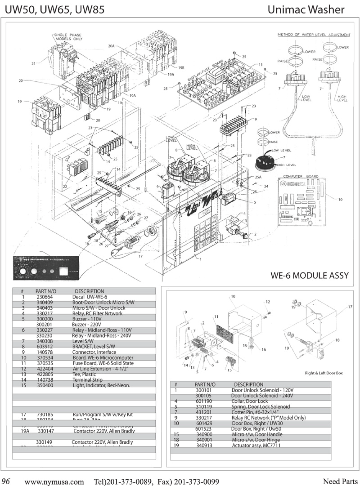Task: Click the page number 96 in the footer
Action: [x=6, y=481]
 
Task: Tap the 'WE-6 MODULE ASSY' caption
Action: [x=309, y=275]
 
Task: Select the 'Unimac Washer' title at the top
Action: [x=306, y=10]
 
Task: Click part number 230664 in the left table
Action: [x=45, y=297]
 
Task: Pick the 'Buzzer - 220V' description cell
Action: [x=86, y=324]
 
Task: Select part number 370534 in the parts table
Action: [x=45, y=358]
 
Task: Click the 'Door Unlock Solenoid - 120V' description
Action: [x=262, y=390]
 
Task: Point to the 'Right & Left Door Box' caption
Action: [x=323, y=373]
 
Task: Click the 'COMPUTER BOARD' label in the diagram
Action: [x=300, y=176]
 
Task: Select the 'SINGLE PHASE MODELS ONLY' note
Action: [x=68, y=37]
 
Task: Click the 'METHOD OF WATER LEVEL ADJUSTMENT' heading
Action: [x=314, y=35]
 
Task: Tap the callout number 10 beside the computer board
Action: [x=340, y=199]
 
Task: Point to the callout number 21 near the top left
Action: [x=34, y=63]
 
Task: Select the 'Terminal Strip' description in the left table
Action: [x=88, y=380]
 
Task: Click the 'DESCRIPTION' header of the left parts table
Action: [x=89, y=291]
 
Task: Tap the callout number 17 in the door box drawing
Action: [x=350, y=307]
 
